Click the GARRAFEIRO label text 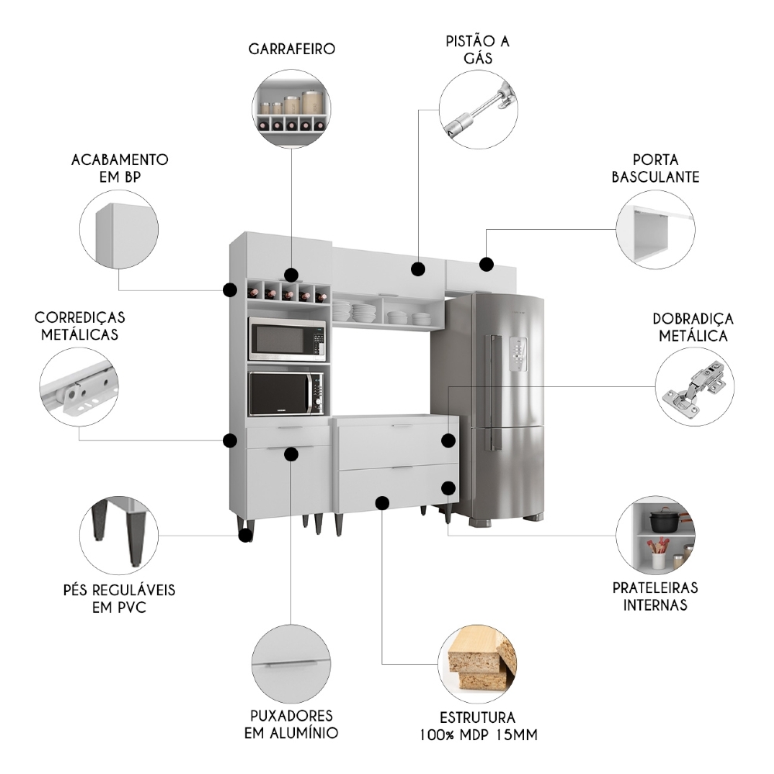(x=292, y=49)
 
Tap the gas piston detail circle (x=478, y=109)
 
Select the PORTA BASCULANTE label (x=655, y=169)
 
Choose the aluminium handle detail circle (x=291, y=663)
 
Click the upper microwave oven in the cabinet (x=286, y=340)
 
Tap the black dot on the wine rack (x=291, y=275)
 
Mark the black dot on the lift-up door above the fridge (x=486, y=264)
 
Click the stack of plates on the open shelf (x=363, y=312)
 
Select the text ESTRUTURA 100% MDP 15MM (x=478, y=724)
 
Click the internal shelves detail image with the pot (x=655, y=534)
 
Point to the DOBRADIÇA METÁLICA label (x=693, y=327)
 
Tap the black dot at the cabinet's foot (x=245, y=534)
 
